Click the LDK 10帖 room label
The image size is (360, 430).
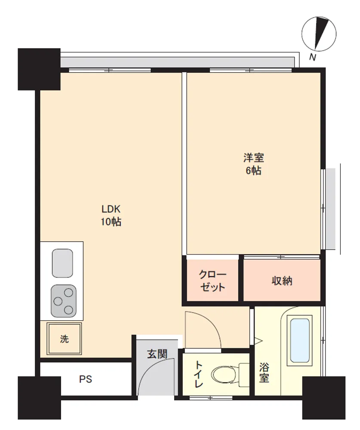pyautogui.click(x=111, y=215)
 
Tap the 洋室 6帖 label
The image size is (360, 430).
pyautogui.click(x=253, y=164)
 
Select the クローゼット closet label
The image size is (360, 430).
pyautogui.click(x=212, y=280)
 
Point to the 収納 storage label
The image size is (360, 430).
pyautogui.click(x=282, y=281)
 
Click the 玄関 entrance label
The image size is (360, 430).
pyautogui.click(x=157, y=354)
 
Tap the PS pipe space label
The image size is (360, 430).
pyautogui.click(x=86, y=379)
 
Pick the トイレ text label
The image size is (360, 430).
pyautogui.click(x=198, y=374)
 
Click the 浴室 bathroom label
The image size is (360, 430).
pyautogui.click(x=264, y=372)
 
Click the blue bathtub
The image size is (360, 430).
pyautogui.click(x=300, y=340)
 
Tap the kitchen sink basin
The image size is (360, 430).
pyautogui.click(x=62, y=263)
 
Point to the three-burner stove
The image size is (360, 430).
pyautogui.click(x=63, y=301)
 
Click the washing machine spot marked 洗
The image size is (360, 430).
pyautogui.click(x=64, y=339)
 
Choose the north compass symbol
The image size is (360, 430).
pyautogui.click(x=319, y=34)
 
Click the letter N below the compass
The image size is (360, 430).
pyautogui.click(x=313, y=57)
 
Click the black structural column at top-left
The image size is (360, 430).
pyautogui.click(x=39, y=69)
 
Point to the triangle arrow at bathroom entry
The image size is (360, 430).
pyautogui.click(x=258, y=341)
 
